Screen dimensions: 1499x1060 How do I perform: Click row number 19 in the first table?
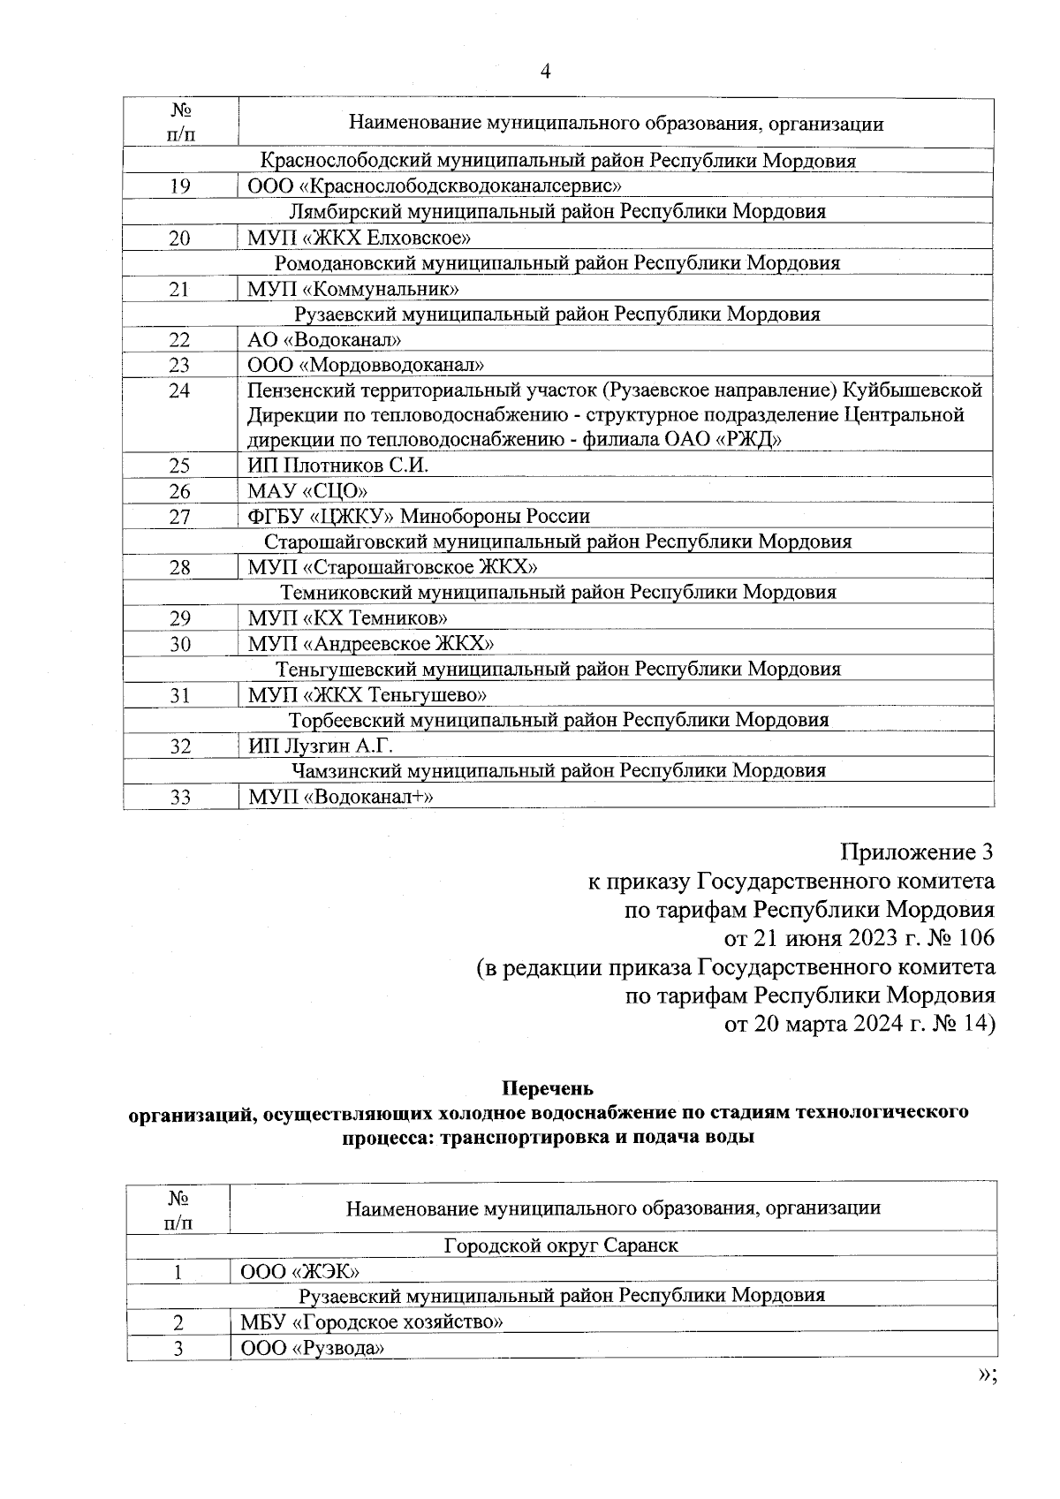tap(180, 186)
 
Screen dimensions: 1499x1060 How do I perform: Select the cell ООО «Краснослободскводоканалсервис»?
tap(435, 186)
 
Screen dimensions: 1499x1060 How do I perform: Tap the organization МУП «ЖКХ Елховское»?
tap(359, 238)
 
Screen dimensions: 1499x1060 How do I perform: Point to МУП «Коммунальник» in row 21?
tap(352, 289)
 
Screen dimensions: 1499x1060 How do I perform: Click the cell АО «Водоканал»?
tap(325, 340)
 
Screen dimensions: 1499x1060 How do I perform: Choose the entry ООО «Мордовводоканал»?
tap(366, 365)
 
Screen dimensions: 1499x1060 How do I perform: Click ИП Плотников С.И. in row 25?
tap(338, 466)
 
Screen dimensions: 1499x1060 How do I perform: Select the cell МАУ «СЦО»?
tap(307, 491)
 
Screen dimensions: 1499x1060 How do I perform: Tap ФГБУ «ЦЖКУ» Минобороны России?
tap(419, 516)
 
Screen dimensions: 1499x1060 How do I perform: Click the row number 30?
tap(180, 644)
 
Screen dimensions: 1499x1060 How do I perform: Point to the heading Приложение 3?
tap(916, 852)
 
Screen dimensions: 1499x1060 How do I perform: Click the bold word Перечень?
tap(548, 1087)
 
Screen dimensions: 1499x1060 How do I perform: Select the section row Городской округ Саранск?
tap(561, 1245)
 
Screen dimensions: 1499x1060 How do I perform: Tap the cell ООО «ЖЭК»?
tap(299, 1271)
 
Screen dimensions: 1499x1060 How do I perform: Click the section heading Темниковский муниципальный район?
tap(558, 592)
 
